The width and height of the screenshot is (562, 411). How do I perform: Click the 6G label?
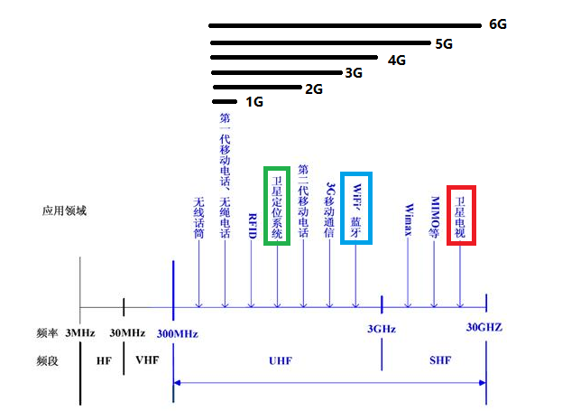(497, 24)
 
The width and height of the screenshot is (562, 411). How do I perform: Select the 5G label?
(444, 43)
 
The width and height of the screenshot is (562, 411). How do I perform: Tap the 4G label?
(396, 60)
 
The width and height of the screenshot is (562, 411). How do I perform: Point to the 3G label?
(354, 73)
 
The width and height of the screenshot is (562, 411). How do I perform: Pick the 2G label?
(314, 89)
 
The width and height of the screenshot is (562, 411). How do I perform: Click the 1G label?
(254, 102)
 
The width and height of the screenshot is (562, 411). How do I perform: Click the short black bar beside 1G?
(226, 101)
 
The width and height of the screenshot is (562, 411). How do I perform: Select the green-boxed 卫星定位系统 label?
(276, 205)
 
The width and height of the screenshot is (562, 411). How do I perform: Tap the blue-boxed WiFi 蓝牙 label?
(356, 205)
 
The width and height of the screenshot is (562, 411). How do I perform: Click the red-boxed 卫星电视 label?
(460, 215)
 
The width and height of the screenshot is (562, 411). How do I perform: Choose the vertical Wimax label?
(409, 216)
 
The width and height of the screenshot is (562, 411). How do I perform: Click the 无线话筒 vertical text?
(198, 218)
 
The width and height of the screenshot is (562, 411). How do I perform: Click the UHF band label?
(281, 360)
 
